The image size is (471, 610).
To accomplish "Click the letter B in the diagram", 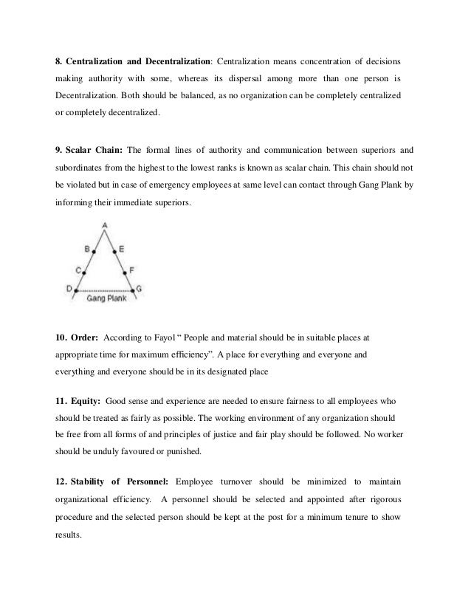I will tap(86, 250).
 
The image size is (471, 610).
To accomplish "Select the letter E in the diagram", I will tap(121, 250).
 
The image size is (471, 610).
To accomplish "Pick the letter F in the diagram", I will tap(131, 270).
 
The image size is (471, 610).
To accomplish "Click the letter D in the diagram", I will tap(69, 289).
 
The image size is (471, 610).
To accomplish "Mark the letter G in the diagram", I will tap(140, 289).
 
